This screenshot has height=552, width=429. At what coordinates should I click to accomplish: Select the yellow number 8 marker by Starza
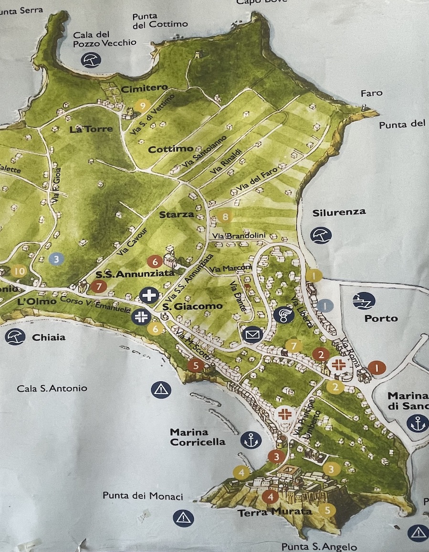226,217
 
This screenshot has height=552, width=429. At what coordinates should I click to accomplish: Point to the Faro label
371,93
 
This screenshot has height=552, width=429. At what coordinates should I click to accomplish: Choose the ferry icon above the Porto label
364,300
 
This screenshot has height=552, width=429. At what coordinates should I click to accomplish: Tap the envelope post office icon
252,335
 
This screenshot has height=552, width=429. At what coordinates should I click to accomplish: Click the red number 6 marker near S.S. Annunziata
155,261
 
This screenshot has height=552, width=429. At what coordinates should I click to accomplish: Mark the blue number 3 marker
56,259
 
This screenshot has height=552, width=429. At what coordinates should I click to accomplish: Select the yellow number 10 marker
19,271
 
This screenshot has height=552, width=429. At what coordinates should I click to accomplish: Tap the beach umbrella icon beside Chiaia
15,337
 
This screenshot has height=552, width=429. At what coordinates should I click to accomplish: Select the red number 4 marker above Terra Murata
271,497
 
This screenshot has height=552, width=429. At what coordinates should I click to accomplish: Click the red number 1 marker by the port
377,368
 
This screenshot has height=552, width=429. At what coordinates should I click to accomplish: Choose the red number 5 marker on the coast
196,366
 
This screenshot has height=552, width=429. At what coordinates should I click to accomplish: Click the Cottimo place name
170,149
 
